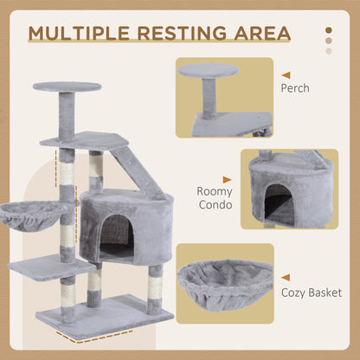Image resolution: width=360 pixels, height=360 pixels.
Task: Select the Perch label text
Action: point(295,87)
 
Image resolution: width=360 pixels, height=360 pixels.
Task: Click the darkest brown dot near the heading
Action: point(328,30)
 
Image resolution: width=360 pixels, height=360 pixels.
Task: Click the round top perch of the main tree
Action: point(67,87)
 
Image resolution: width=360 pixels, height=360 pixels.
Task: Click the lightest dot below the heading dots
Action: point(328,51)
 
